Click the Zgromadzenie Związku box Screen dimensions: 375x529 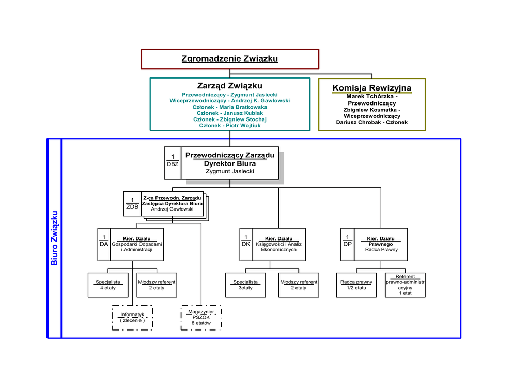tap(230, 59)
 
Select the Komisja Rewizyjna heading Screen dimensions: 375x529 tap(371, 88)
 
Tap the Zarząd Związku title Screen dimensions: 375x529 tap(230, 86)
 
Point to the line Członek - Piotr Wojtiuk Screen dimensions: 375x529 tap(230, 126)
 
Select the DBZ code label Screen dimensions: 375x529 tap(173, 164)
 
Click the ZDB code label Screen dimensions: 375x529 tap(132, 207)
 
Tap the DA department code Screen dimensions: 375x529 tap(104, 244)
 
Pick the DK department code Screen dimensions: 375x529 tap(246, 244)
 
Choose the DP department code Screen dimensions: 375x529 tap(348, 244)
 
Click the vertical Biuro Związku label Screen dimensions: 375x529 tap(54, 238)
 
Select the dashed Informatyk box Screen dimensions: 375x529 tap(132, 318)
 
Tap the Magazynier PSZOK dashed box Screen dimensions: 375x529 tap(201, 318)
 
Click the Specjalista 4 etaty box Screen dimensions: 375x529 tap(108, 285)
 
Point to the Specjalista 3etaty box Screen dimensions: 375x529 tap(245, 285)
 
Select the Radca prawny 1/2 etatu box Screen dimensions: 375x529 tap(356, 285)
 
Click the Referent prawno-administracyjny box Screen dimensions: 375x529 tap(405, 285)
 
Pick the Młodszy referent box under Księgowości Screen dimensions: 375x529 tap(299, 285)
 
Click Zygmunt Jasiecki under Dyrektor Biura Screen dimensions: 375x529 tap(230, 171)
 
